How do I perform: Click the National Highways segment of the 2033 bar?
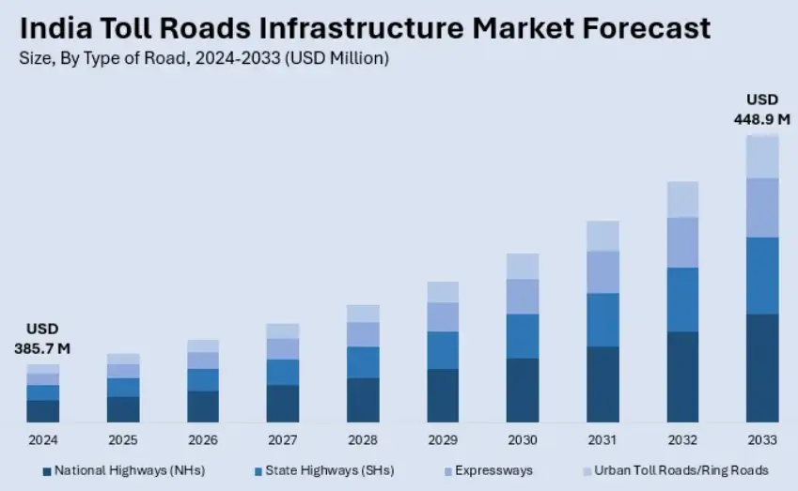762,368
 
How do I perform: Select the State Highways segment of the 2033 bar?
762,275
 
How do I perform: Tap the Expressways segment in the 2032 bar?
682,242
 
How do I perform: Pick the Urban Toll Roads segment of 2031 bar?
602,236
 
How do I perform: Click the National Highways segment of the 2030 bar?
523,390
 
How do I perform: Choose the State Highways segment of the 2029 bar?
443,349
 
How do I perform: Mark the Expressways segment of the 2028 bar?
363,334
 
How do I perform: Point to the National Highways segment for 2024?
43,411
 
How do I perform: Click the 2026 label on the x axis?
203,440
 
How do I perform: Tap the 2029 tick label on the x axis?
443,440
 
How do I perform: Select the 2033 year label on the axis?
762,440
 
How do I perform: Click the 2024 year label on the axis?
43,440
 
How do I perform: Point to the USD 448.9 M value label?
761,109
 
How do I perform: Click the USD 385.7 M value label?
43,339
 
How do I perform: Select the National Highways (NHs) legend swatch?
47,469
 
